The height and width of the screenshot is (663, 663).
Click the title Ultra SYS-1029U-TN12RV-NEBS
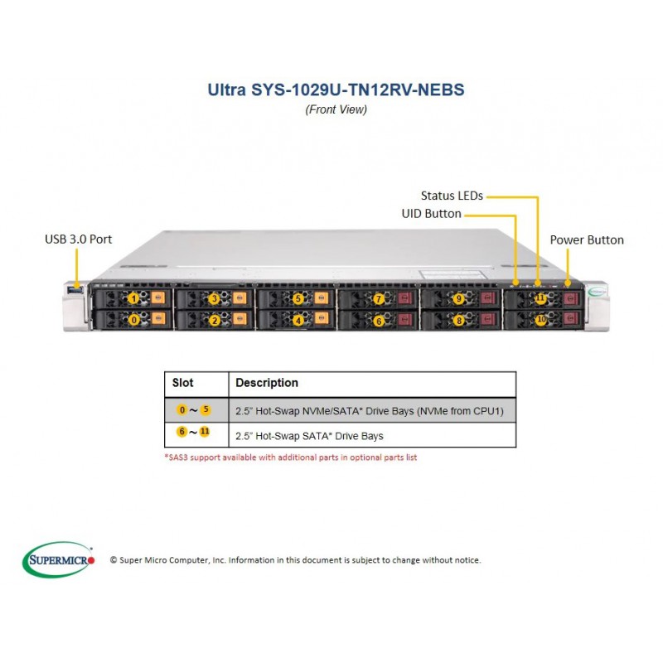(336, 90)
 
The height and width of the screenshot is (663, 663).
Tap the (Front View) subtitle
(336, 109)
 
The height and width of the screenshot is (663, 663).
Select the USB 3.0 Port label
(78, 240)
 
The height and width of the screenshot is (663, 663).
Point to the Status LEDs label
(451, 196)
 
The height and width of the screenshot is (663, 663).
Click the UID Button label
(431, 214)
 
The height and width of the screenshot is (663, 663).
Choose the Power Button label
(587, 240)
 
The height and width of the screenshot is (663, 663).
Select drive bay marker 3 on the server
(214, 298)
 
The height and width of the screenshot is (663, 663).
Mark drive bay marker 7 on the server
(379, 298)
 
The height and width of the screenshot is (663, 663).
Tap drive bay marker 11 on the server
(540, 298)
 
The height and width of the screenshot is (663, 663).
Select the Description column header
(267, 383)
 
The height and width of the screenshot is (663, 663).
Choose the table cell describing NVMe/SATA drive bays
(370, 410)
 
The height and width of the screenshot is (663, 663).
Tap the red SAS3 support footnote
(291, 457)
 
